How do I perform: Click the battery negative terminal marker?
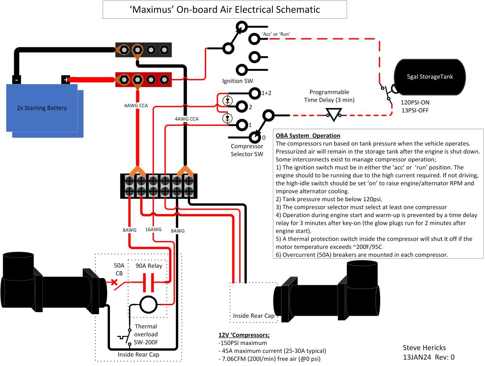16,80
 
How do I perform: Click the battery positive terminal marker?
65,80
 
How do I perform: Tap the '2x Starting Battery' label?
42,108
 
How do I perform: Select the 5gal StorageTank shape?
430,77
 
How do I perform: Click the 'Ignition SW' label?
238,81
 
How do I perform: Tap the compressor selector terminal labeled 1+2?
255,94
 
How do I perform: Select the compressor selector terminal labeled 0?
255,138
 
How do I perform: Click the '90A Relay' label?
148,266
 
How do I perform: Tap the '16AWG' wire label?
153,230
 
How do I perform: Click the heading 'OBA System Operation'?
308,135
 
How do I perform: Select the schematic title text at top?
225,9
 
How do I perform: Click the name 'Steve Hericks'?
424,348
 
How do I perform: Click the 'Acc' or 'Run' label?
276,34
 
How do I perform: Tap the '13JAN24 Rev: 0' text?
429,357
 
